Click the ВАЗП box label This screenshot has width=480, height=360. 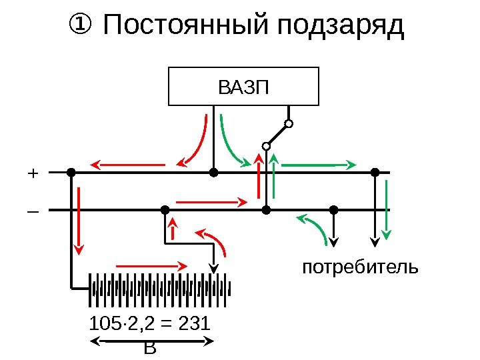(x=243, y=87)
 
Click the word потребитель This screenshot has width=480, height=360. (x=361, y=268)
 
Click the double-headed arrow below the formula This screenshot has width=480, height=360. (x=151, y=341)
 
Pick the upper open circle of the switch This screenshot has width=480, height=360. (x=289, y=123)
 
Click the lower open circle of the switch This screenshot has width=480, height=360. (x=265, y=145)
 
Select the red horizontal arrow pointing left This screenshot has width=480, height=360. (x=127, y=163)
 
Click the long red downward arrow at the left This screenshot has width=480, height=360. (x=79, y=220)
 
